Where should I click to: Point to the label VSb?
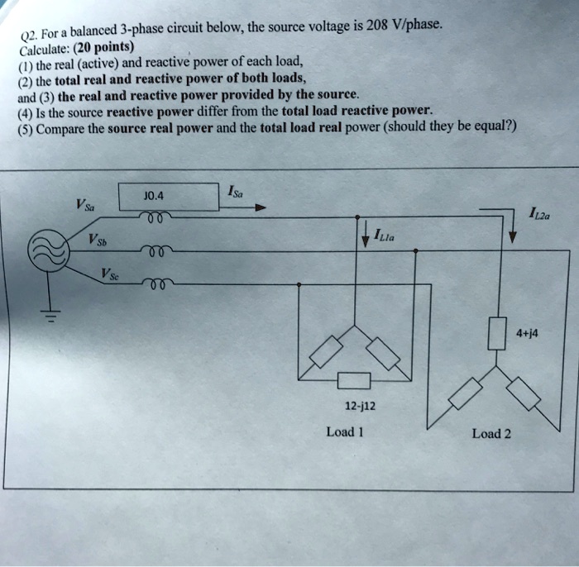(98, 242)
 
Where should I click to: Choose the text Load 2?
(491, 433)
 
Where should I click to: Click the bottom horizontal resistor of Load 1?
(353, 381)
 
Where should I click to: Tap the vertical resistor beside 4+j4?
(497, 335)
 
